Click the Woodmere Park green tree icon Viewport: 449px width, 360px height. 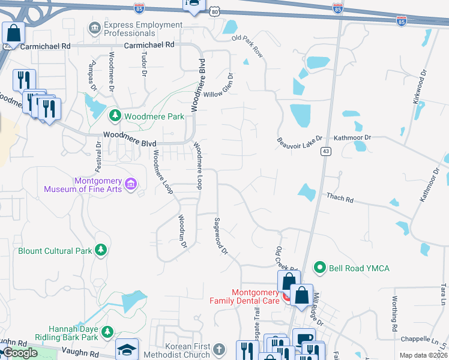click(115, 116)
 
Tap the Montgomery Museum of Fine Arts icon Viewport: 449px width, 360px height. click(131, 182)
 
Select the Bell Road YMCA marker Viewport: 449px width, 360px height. click(321, 268)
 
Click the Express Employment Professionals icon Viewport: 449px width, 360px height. click(94, 28)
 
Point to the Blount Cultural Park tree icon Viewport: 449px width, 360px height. click(101, 250)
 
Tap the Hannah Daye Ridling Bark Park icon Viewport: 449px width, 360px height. click(107, 331)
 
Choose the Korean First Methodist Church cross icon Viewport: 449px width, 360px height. click(220, 349)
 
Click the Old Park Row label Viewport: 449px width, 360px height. click(247, 47)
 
